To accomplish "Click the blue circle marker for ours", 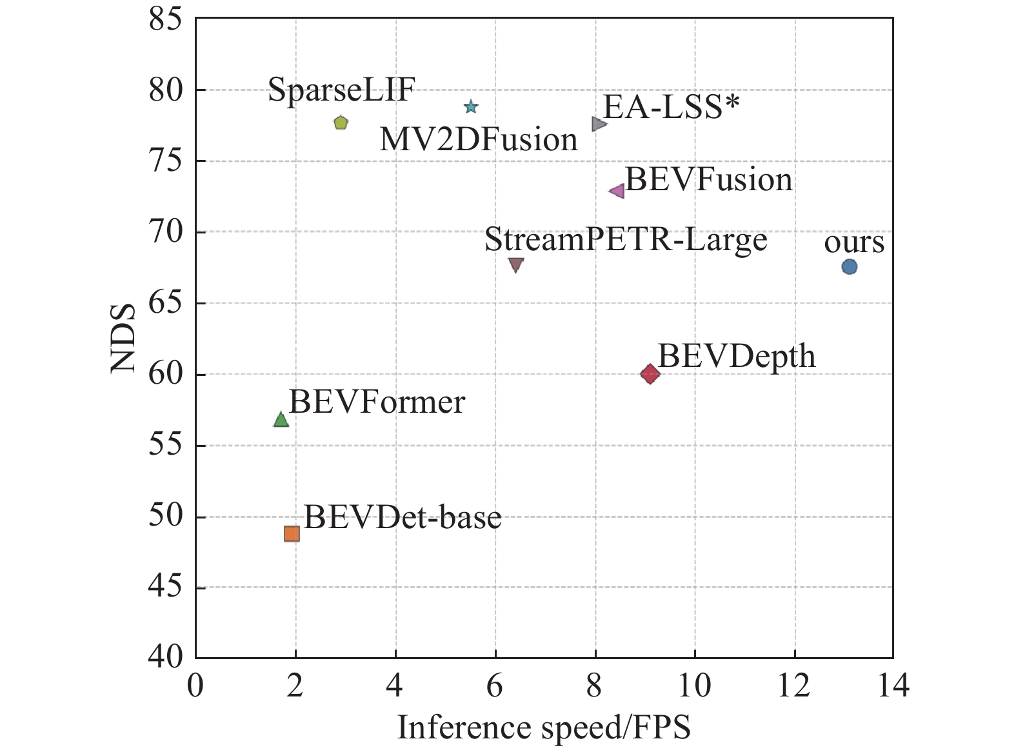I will coord(849,266).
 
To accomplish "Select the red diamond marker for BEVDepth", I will coord(650,373).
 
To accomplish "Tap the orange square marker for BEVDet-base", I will coord(292,534).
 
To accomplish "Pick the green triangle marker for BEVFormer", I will coord(281,420).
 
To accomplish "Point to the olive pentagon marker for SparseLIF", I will coord(341,123).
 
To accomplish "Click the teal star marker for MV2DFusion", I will coord(471,106).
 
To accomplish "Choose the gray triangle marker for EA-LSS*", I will coord(599,123).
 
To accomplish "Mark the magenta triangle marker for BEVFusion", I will coord(617,191).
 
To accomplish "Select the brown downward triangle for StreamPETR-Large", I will coord(515,264).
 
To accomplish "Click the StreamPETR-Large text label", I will coord(626,240).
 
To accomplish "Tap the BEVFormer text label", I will coord(377,402).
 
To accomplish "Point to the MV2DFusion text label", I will coord(478,139).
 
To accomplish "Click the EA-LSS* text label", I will coord(671,107).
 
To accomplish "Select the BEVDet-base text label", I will coord(403,517).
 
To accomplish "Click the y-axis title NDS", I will coord(123,338).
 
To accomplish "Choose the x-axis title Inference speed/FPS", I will coord(544,727).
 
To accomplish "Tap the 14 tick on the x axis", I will coord(893,685).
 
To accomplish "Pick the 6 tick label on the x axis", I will coord(495,685).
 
